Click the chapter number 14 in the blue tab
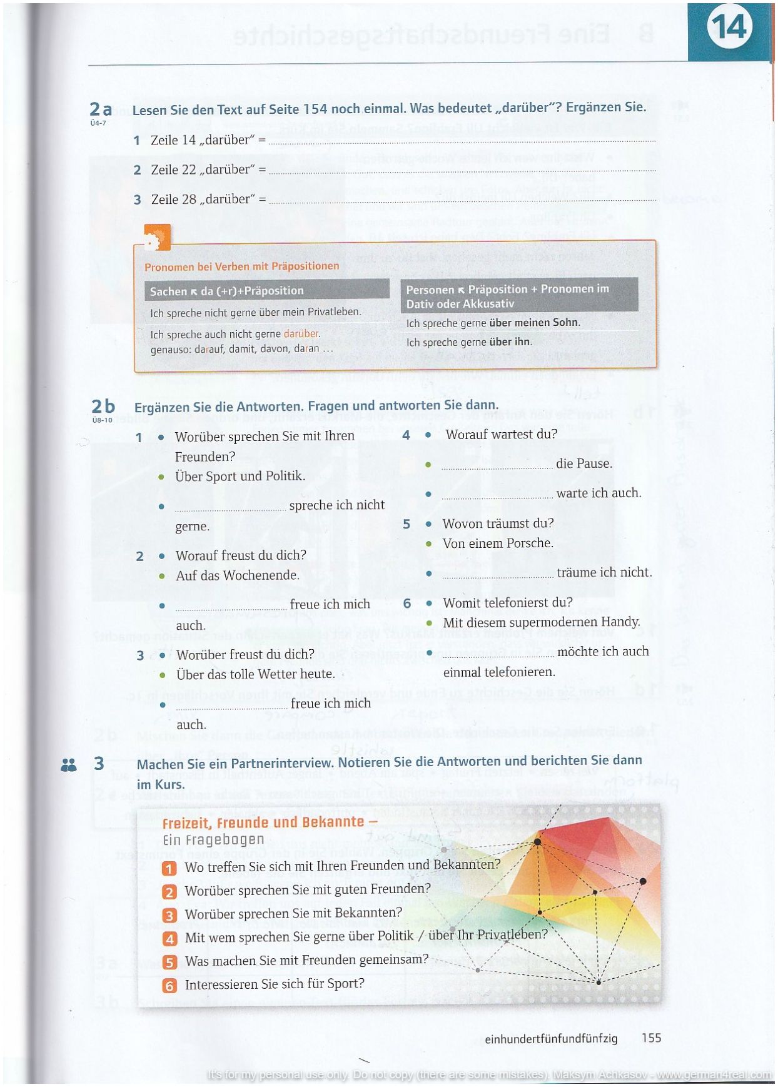pos(729,29)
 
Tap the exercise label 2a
pos(101,109)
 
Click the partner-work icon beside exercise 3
pos(69,764)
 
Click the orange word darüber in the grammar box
pos(301,334)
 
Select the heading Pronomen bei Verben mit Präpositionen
pos(241,266)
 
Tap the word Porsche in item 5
pos(530,543)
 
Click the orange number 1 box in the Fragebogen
pos(169,868)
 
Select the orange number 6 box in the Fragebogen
pos(169,986)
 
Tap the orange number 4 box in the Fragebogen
pos(169,939)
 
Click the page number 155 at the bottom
pos(651,1038)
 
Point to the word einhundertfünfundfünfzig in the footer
pos(551,1038)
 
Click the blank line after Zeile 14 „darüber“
pos(462,141)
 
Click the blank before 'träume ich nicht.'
pos(498,574)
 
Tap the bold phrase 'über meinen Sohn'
pos(534,323)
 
